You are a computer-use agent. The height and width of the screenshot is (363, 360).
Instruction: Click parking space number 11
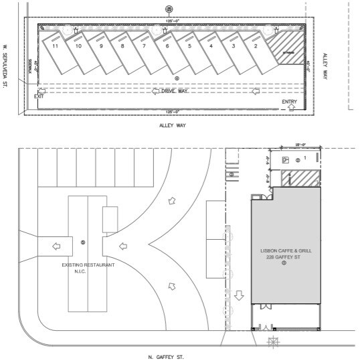click(x=56, y=47)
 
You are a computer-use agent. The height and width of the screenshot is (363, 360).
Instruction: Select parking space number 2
click(x=255, y=47)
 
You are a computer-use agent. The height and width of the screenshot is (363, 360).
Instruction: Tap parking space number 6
click(x=167, y=47)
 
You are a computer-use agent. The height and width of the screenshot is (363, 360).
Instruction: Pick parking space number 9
click(x=100, y=47)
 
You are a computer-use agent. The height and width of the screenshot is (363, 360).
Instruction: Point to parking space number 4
click(x=211, y=47)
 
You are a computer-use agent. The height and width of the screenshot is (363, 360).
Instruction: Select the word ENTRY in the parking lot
click(x=289, y=102)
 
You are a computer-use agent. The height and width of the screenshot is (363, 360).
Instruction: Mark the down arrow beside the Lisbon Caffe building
click(x=240, y=295)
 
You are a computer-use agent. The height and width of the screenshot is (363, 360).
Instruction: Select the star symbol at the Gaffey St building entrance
click(x=272, y=343)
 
